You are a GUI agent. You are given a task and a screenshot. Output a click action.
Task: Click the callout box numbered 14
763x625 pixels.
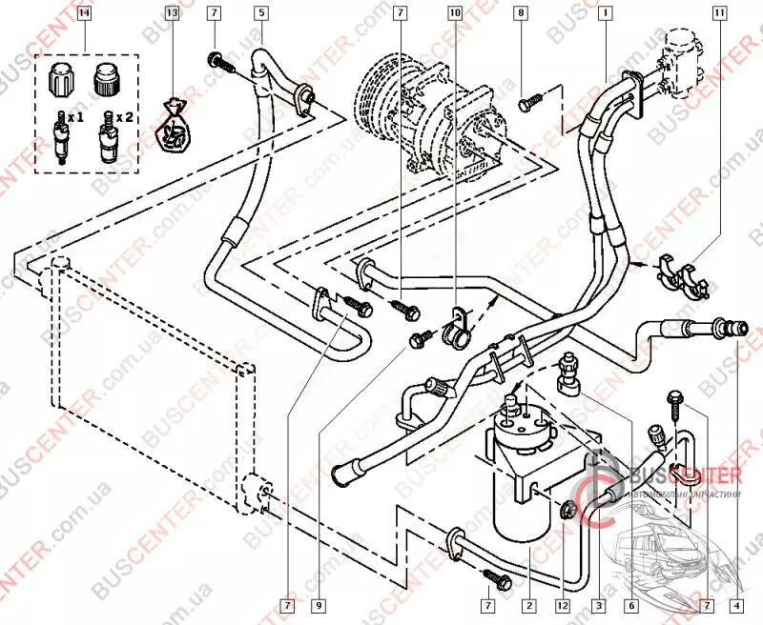(85, 13)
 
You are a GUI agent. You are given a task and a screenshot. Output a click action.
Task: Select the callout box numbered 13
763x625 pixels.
(172, 13)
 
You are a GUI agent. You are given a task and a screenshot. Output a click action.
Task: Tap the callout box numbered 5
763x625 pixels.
(260, 13)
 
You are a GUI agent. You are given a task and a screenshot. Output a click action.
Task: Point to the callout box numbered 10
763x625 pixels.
(454, 13)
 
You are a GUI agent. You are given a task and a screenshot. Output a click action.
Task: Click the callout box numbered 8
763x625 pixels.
(520, 13)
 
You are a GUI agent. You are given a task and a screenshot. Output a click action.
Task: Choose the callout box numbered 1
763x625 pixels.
(605, 13)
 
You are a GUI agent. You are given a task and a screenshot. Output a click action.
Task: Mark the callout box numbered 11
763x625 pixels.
(718, 13)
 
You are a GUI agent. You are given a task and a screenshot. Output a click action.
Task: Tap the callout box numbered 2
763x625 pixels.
(526, 604)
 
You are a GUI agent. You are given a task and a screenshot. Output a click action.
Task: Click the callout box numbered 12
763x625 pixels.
(565, 604)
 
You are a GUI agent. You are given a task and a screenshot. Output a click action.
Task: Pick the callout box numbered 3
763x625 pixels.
(599, 604)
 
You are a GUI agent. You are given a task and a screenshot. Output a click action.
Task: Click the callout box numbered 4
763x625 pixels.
(737, 604)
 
